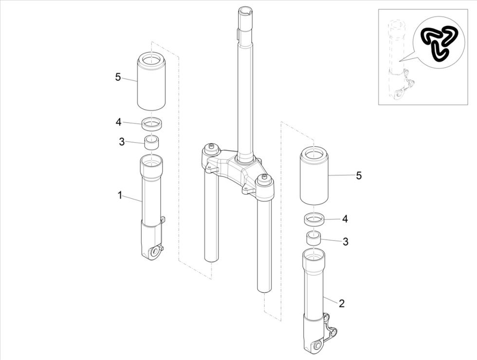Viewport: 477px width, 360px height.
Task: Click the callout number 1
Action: [119, 195]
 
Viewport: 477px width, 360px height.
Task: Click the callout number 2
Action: [342, 303]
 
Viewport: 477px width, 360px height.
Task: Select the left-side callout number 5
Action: [118, 77]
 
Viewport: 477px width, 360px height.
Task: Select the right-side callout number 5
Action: [359, 176]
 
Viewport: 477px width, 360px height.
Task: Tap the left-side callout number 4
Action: [118, 122]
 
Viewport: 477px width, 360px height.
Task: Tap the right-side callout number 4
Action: [345, 219]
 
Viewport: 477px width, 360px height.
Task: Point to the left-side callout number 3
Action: [122, 142]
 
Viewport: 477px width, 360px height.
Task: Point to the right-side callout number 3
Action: [346, 241]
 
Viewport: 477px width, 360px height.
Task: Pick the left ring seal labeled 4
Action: [152, 124]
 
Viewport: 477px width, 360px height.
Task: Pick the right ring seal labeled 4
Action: [314, 220]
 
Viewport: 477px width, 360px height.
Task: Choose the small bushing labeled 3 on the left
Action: [152, 143]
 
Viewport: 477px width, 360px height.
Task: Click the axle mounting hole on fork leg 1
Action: [155, 251]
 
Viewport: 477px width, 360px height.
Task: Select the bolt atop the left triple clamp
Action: [211, 147]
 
